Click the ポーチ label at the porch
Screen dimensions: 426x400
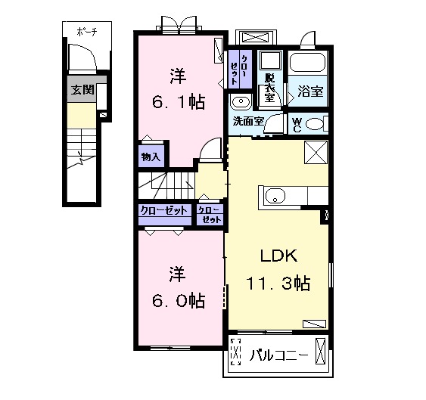[87, 32]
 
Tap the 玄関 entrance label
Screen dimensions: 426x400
[82, 90]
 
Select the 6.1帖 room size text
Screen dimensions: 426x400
[179, 102]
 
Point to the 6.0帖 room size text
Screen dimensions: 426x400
[179, 300]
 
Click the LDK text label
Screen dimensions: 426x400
[278, 256]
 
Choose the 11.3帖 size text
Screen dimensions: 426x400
[278, 283]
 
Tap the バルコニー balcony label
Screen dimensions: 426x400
[278, 355]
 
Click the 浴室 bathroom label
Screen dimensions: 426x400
[310, 91]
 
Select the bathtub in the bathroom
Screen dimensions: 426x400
[307, 63]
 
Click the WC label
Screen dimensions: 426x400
[297, 125]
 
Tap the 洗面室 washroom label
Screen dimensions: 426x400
[249, 122]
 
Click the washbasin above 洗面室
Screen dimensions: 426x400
[241, 101]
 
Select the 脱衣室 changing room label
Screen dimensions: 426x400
[270, 87]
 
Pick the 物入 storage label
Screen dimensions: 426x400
[151, 157]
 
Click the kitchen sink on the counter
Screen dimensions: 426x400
[275, 196]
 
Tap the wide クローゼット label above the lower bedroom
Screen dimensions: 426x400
[164, 210]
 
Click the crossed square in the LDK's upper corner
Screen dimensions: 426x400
[316, 152]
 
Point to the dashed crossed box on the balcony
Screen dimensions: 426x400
[235, 352]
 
